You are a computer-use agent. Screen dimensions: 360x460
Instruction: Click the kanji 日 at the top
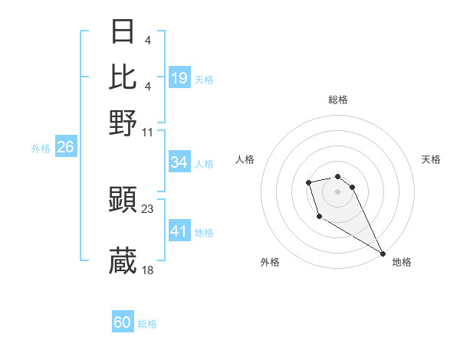click(x=123, y=31)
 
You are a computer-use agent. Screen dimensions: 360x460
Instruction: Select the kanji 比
click(x=123, y=77)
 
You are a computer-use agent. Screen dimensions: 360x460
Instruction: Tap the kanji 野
click(x=123, y=122)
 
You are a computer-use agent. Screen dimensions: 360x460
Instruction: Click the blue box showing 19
click(x=179, y=77)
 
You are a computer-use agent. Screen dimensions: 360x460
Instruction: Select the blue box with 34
click(x=179, y=162)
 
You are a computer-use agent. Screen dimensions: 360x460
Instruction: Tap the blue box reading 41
click(x=179, y=231)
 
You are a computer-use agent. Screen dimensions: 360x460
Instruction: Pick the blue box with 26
click(x=65, y=147)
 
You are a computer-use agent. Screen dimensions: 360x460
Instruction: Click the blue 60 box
click(x=123, y=322)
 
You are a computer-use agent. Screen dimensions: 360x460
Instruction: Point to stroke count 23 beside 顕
click(x=148, y=208)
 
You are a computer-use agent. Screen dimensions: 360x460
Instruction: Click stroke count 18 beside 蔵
click(x=148, y=270)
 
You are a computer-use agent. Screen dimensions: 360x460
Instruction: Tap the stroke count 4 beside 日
click(x=147, y=40)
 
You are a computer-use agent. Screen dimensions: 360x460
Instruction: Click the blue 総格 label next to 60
click(x=147, y=324)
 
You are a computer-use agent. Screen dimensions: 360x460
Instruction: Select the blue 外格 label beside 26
click(x=41, y=149)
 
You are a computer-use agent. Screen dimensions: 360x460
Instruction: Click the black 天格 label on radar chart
click(x=431, y=159)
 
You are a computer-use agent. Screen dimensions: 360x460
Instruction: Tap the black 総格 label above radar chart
click(x=338, y=100)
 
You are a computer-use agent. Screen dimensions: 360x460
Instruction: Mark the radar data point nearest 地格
click(x=383, y=253)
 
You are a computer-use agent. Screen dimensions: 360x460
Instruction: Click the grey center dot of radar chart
click(x=337, y=191)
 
